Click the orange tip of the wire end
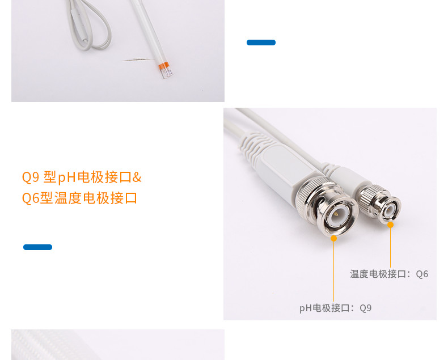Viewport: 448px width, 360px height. pos(165,69)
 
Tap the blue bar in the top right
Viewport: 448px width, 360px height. pos(261,43)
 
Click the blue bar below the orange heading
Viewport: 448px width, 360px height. pos(37,247)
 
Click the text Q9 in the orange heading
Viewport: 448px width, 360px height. pos(30,177)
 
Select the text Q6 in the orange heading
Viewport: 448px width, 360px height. pos(30,198)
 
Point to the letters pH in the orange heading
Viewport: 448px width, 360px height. pos(67,177)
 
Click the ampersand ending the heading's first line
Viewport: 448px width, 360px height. pos(137,177)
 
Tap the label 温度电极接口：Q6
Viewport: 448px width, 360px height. pos(389,274)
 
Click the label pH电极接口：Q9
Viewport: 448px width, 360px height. pos(335,308)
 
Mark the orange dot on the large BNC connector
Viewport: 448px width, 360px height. pos(334,238)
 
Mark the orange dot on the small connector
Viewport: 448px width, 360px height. pos(390,225)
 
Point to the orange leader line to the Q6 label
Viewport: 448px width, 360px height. pos(390,247)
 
